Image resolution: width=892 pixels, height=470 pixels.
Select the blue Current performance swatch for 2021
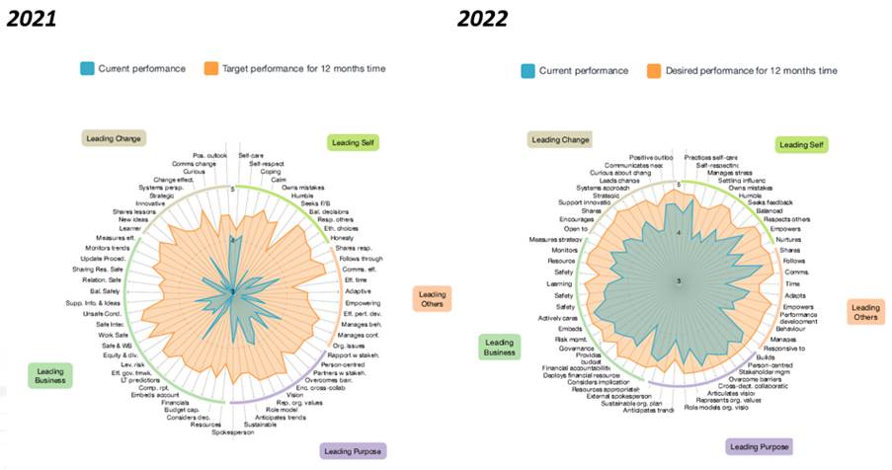click(x=87, y=68)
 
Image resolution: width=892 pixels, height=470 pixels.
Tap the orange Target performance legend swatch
click(x=210, y=68)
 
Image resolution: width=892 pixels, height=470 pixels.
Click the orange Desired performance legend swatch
click(x=653, y=71)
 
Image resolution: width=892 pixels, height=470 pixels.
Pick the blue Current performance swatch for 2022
click(x=528, y=71)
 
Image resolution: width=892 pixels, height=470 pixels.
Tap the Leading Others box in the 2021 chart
click(x=432, y=299)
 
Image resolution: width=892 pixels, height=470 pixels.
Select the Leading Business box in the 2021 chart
click(x=51, y=376)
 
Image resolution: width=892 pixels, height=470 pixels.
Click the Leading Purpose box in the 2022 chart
click(x=759, y=446)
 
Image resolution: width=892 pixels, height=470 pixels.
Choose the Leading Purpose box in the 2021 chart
click(x=353, y=450)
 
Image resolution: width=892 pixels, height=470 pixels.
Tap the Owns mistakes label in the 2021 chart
click(x=304, y=188)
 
